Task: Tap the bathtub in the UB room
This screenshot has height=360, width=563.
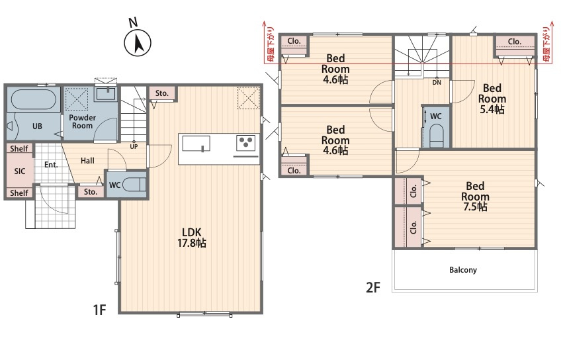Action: (x=33, y=99)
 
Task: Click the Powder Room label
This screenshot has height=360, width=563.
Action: (x=82, y=122)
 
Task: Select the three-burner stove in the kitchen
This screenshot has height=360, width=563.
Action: (x=246, y=143)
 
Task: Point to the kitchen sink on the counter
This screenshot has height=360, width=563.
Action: (x=196, y=144)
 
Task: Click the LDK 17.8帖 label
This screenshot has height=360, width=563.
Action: (x=192, y=238)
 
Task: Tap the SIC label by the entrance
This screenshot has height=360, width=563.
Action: (x=20, y=171)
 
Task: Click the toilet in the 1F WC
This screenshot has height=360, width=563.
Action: (x=134, y=185)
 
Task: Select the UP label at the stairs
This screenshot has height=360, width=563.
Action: (x=134, y=147)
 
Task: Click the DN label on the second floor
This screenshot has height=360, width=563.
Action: (x=437, y=83)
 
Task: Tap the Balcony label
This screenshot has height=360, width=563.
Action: (x=463, y=270)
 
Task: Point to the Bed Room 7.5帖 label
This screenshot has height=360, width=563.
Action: (x=475, y=196)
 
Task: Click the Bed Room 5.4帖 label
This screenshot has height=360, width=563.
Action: (x=492, y=99)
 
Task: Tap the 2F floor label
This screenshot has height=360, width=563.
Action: (x=372, y=287)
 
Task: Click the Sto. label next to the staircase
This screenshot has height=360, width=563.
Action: (x=161, y=93)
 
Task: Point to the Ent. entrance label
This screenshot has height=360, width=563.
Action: (x=51, y=165)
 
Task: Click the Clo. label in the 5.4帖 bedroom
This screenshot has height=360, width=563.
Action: (x=514, y=42)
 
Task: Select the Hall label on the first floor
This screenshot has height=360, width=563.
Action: (x=87, y=161)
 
